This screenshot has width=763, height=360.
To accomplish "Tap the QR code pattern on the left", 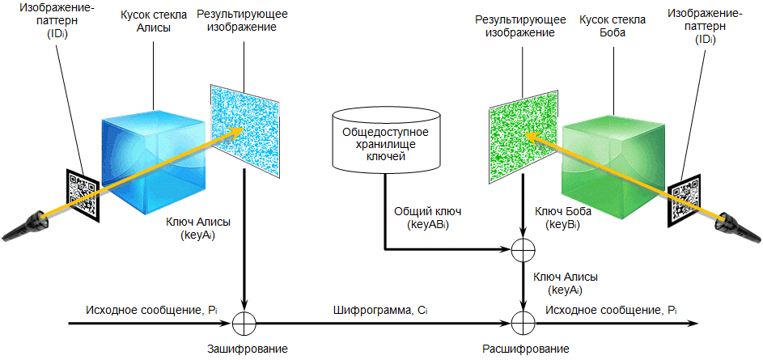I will click(82, 195).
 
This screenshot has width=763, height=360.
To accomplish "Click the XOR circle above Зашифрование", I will click(244, 324).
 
